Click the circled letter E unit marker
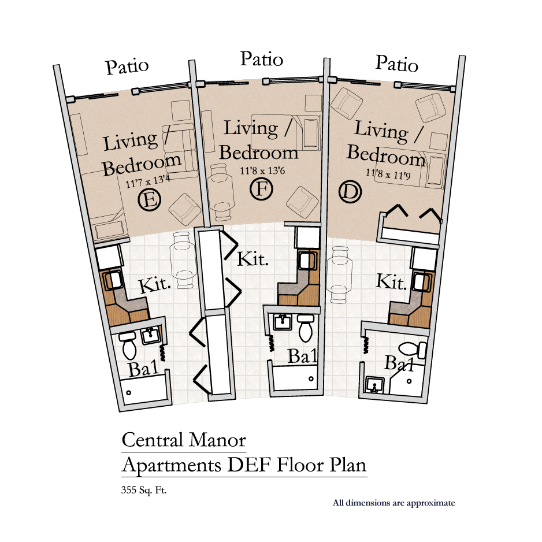[x=149, y=200]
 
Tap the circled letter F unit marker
[x=261, y=190]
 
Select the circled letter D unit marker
[x=350, y=192]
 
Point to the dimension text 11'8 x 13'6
[x=262, y=170]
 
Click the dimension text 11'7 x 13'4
[x=147, y=181]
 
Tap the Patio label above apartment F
[x=262, y=59]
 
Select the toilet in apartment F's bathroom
[x=306, y=328]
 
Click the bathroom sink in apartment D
[x=374, y=385]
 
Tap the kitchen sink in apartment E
[x=113, y=280]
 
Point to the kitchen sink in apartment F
[x=307, y=261]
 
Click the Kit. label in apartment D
[x=391, y=282]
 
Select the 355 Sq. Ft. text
[x=144, y=490]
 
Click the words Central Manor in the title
[x=184, y=440]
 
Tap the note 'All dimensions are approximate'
[x=393, y=503]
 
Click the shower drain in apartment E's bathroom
[x=129, y=393]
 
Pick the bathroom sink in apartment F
[x=283, y=322]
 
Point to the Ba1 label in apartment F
[x=303, y=356]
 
